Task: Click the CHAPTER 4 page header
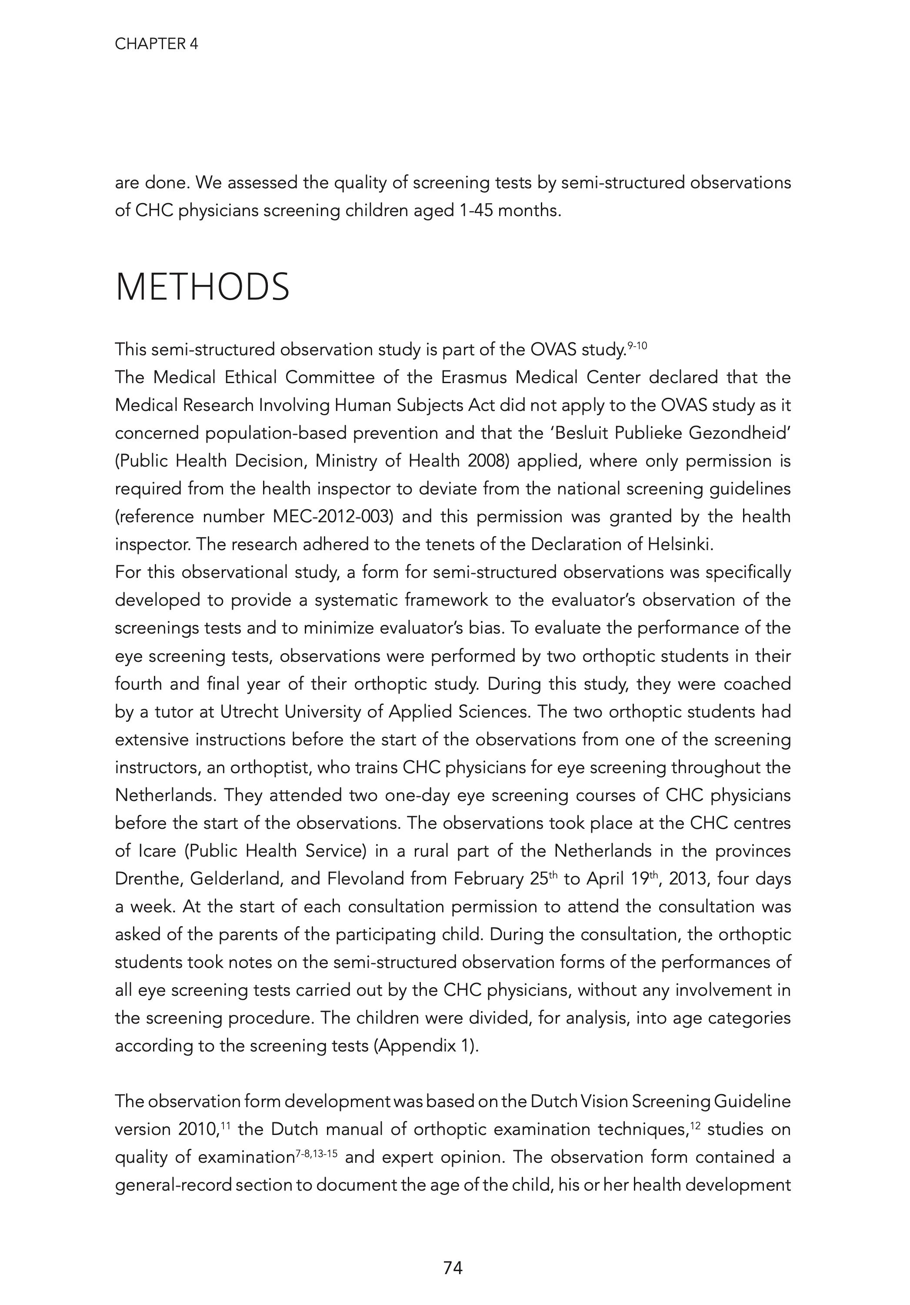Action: point(157,44)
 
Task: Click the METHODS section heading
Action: point(202,287)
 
